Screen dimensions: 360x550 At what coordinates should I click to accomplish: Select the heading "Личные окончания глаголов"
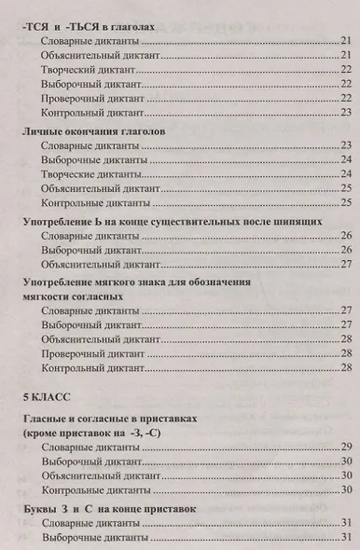click(x=94, y=132)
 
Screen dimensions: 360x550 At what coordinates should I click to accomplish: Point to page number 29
click(x=344, y=447)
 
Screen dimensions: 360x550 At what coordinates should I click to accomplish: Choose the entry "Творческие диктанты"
click(x=93, y=173)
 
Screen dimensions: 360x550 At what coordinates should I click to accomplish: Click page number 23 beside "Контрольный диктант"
click(x=344, y=112)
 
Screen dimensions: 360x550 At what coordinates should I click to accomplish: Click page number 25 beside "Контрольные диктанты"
click(x=344, y=201)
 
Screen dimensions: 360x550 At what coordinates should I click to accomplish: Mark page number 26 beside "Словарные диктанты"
click(x=344, y=236)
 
